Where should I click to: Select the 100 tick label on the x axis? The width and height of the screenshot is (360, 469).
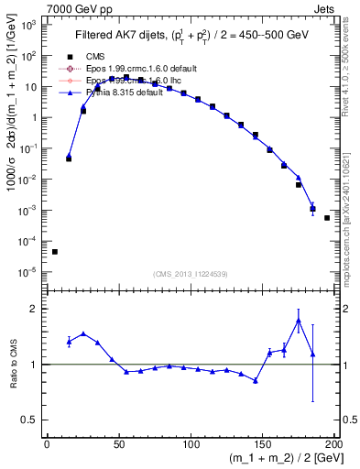[x=191, y=444]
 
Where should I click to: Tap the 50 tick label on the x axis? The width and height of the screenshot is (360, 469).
[x=118, y=444]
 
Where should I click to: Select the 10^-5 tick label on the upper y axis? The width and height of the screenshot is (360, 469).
[x=28, y=272]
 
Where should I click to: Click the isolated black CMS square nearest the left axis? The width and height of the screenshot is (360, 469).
[x=55, y=252]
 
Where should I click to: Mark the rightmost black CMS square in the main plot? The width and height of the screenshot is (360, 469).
[x=327, y=218]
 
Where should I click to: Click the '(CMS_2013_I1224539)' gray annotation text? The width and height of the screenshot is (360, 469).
[x=191, y=273]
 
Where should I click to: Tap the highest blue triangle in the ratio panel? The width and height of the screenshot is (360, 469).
[x=299, y=320]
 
